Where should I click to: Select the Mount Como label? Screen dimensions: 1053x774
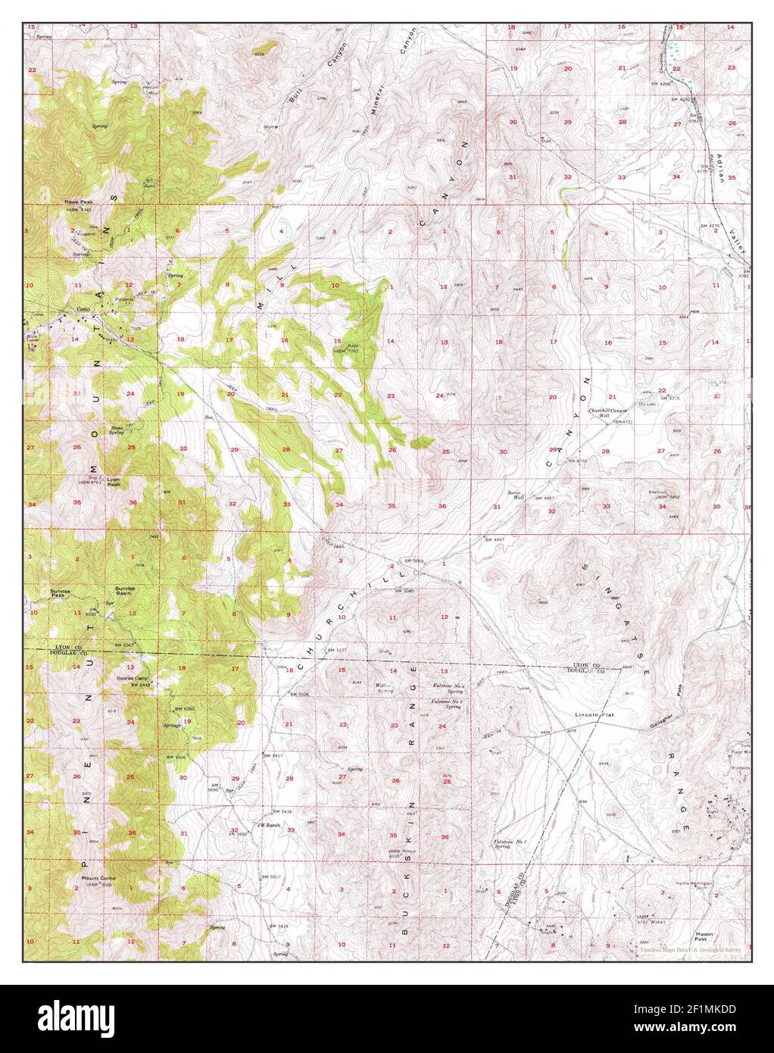pyautogui.click(x=98, y=879)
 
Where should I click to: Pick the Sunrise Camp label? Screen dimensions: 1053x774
pyautogui.click(x=133, y=678)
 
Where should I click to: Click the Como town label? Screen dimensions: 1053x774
pyautogui.click(x=83, y=309)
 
